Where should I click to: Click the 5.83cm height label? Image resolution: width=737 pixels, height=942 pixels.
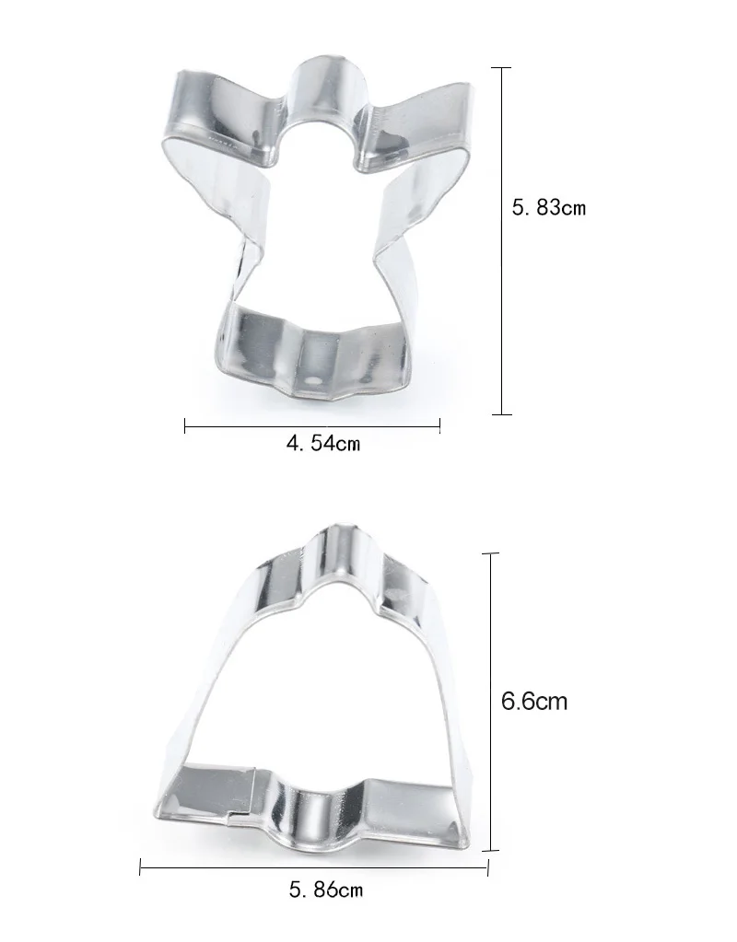click(548, 208)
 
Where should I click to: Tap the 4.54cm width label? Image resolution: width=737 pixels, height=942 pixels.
click(323, 444)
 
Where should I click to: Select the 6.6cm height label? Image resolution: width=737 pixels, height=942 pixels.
click(533, 701)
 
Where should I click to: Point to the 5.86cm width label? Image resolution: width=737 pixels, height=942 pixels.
click(326, 890)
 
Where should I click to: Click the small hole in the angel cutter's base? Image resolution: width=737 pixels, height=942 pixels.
click(313, 381)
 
